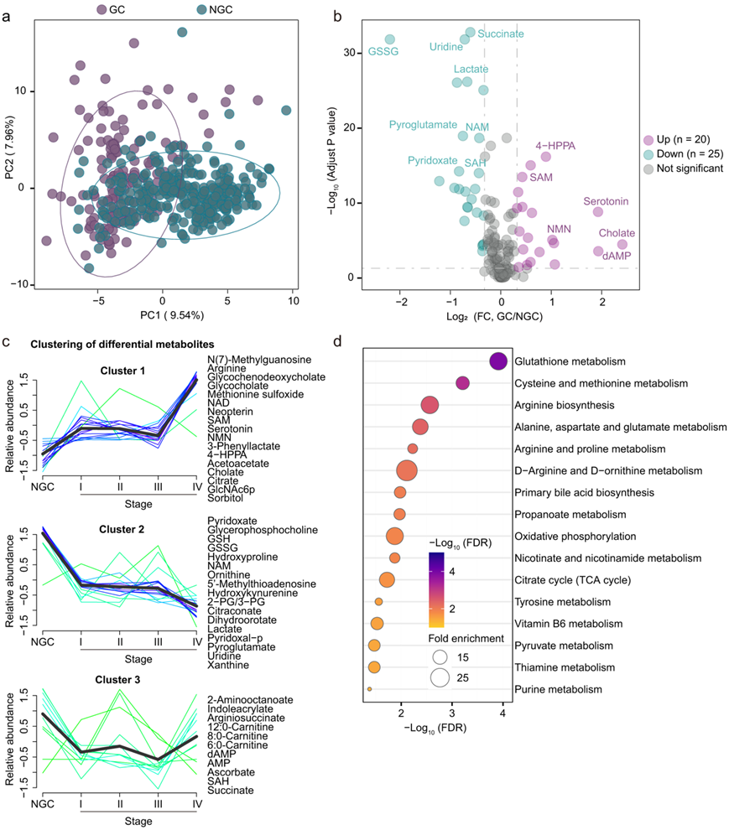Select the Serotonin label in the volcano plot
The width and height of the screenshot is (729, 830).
607,202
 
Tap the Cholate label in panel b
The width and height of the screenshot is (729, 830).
617,233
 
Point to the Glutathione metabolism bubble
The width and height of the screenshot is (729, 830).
497,361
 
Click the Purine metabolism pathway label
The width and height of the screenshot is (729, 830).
558,689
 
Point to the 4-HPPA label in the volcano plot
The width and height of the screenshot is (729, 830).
555,146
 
